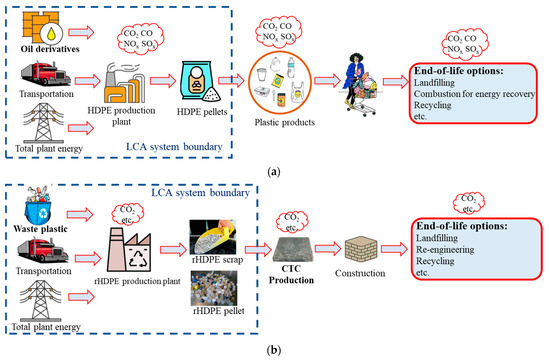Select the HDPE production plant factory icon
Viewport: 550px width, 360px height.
[x=133, y=84]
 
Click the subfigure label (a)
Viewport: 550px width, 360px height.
[x=275, y=171]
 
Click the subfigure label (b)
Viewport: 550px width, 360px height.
[x=275, y=349]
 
